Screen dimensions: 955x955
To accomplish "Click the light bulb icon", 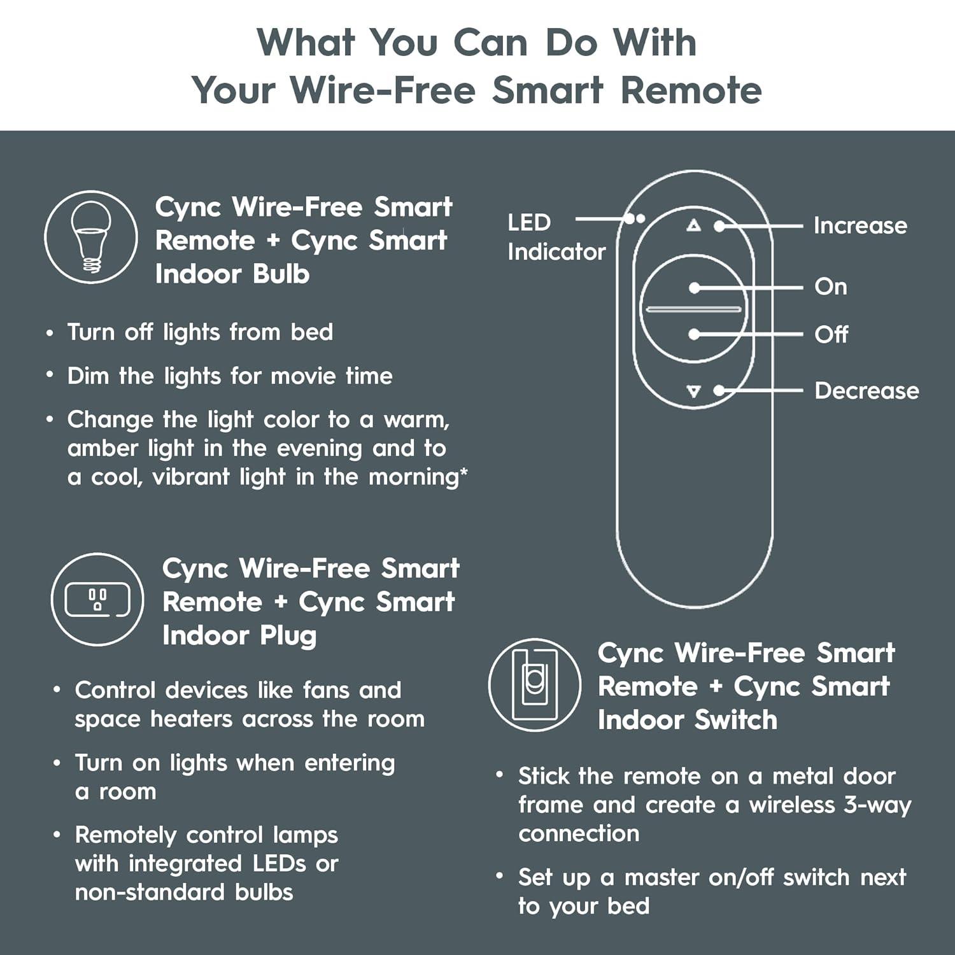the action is (90, 237).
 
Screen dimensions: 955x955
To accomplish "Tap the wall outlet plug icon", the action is (97, 600).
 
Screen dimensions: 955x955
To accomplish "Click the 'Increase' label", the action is (860, 225).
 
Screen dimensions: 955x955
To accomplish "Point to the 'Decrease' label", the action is (867, 390).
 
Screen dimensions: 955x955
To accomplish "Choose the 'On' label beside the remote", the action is (831, 286).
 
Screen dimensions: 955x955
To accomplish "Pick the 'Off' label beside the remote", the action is (831, 334).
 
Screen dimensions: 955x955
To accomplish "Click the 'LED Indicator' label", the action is (556, 237).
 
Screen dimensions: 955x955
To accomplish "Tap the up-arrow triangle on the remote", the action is (693, 225).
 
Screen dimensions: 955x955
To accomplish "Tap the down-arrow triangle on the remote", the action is (693, 391).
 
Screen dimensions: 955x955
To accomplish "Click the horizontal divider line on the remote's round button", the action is (694, 310).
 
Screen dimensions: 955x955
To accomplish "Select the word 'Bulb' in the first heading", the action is (281, 274).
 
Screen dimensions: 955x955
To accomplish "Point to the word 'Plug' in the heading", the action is (288, 636).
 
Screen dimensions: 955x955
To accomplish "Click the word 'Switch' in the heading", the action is (736, 720).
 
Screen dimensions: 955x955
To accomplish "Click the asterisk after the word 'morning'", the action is (463, 472).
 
